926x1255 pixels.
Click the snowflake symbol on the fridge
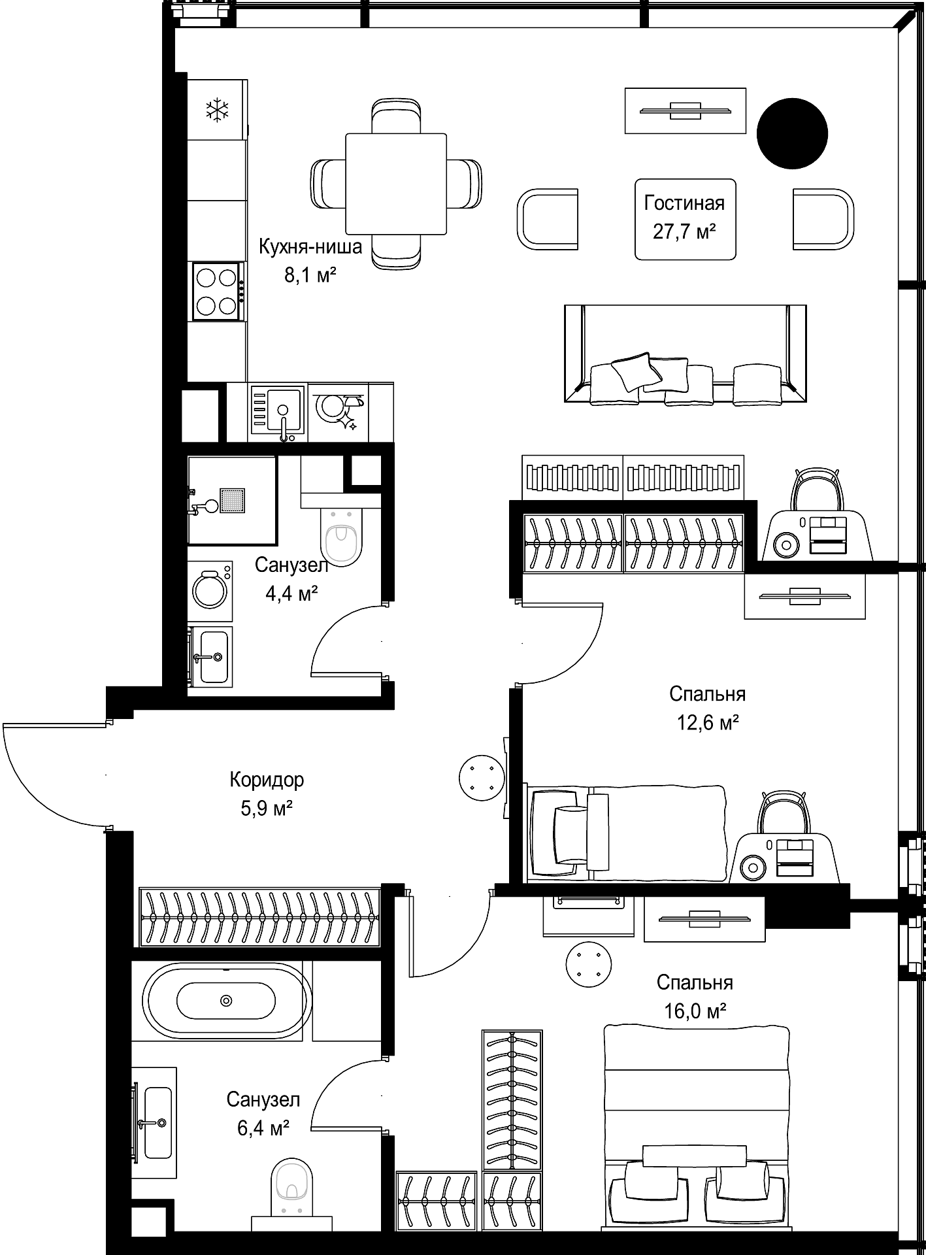click(x=218, y=110)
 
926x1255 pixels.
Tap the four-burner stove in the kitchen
click(x=218, y=292)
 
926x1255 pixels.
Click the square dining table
click(x=396, y=184)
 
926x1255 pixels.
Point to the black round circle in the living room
click(x=792, y=133)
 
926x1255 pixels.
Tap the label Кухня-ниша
click(x=310, y=246)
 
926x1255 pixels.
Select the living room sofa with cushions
click(x=685, y=354)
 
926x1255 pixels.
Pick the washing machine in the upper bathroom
click(x=210, y=590)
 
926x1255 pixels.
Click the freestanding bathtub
click(x=226, y=1000)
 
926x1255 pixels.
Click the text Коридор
click(x=267, y=780)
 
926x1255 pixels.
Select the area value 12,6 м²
click(x=708, y=722)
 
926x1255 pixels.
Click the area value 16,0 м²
click(x=695, y=1011)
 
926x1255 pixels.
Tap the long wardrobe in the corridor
click(x=260, y=916)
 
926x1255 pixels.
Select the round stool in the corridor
click(x=482, y=776)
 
